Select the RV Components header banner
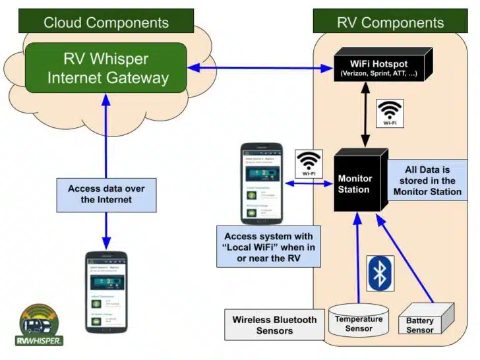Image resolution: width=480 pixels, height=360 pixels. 390,22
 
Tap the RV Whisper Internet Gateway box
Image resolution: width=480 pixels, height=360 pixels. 106,69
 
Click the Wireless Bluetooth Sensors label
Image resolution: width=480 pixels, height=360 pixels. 274,325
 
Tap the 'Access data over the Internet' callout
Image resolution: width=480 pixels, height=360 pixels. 106,194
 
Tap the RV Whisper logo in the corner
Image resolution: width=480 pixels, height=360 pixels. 40,325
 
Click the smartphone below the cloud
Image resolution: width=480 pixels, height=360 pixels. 106,290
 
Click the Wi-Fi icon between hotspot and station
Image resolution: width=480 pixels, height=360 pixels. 389,113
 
